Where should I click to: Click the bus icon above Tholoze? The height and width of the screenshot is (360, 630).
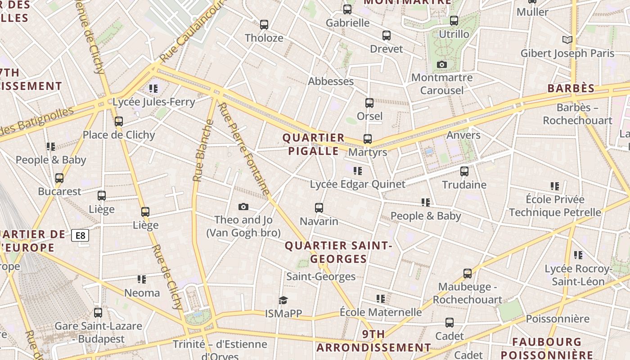point(264,24)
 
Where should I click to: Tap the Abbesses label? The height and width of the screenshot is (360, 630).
point(331,81)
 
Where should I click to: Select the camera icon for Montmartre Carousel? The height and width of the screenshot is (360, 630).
point(442,64)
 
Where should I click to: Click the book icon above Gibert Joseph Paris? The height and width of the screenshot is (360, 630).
point(567,40)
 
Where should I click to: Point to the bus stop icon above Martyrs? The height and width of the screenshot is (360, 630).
point(368,139)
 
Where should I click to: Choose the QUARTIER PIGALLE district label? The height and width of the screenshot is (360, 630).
point(313,144)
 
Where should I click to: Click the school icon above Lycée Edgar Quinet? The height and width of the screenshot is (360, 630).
point(358,171)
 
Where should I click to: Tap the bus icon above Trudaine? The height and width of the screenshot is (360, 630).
point(464,171)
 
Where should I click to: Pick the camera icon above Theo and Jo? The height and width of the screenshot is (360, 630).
point(243,207)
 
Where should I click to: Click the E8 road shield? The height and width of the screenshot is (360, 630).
point(80,235)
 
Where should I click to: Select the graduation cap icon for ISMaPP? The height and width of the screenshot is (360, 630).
point(283,300)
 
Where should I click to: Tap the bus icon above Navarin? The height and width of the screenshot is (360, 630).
point(319,208)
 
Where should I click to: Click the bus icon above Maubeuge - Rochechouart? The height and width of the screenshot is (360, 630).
point(468,274)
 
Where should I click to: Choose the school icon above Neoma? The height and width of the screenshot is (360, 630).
point(142,279)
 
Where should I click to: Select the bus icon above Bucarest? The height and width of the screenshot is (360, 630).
point(59,178)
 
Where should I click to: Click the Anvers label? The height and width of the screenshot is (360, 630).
point(463,135)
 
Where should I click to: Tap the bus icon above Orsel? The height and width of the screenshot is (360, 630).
point(369,103)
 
